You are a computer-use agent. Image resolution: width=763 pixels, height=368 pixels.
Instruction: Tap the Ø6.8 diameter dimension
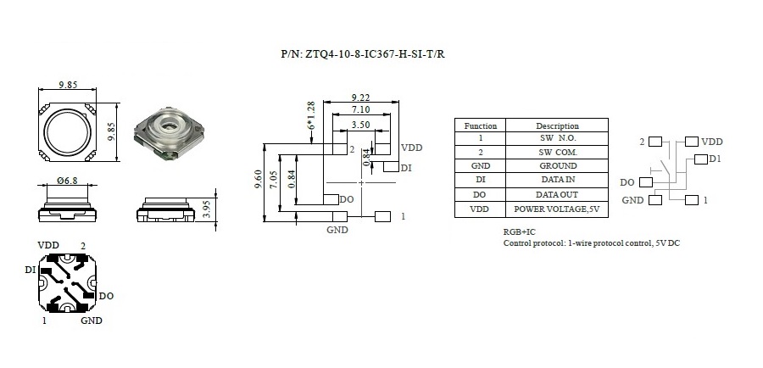pos(69,181)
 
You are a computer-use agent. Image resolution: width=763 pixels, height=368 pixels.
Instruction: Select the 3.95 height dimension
pos(207,209)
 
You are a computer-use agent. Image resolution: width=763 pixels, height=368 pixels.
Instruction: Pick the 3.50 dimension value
pos(361,124)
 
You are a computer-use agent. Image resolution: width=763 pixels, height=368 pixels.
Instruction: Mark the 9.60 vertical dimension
pos(259,180)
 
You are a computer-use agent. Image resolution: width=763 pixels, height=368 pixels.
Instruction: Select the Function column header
pos(481,125)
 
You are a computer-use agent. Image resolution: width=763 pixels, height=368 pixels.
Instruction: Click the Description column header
pos(557,125)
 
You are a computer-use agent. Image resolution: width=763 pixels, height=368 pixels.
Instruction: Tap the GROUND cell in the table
pos(557,166)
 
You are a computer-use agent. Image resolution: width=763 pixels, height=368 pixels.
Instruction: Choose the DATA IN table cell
pos(557,180)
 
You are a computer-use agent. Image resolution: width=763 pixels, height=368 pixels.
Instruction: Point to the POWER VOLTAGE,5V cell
pos(557,209)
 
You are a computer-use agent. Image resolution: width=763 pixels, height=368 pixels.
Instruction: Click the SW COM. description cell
pos(557,152)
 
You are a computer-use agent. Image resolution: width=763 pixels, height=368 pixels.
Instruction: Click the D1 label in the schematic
pos(716,159)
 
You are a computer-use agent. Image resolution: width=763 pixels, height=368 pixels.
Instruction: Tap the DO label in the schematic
pos(627,182)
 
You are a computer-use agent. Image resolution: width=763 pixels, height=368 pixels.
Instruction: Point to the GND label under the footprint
pos(337,229)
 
